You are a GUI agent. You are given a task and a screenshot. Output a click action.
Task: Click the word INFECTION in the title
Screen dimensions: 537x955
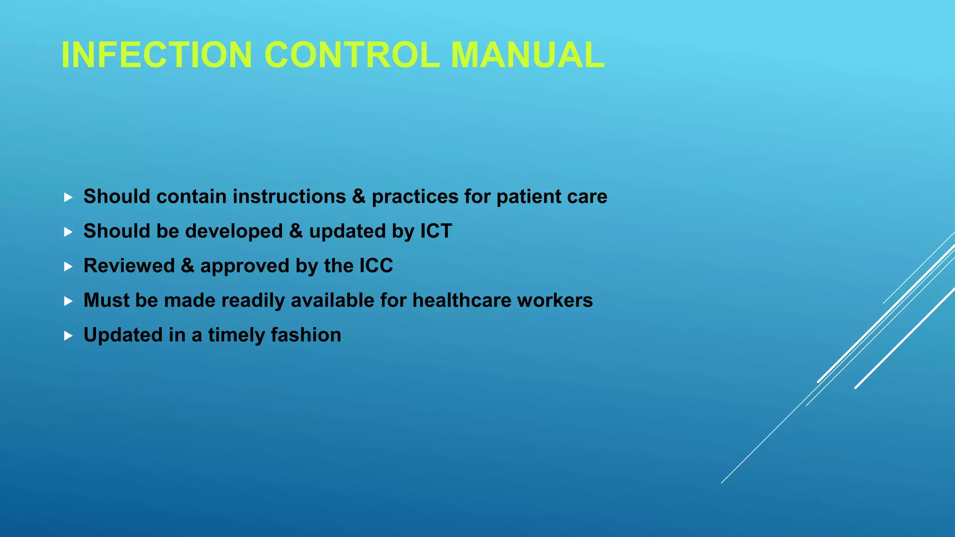pyautogui.click(x=157, y=55)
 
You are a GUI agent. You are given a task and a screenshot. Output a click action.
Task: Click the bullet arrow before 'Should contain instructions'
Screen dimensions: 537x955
pyautogui.click(x=68, y=197)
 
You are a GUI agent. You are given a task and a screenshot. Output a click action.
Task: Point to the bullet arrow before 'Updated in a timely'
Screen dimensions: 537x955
pyautogui.click(x=68, y=336)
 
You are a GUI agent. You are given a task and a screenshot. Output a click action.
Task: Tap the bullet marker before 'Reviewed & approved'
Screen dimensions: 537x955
pyautogui.click(x=68, y=267)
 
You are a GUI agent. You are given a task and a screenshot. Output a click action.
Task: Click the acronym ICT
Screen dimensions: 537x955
pyautogui.click(x=436, y=231)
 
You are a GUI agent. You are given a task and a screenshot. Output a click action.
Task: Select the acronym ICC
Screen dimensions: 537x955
pyautogui.click(x=376, y=266)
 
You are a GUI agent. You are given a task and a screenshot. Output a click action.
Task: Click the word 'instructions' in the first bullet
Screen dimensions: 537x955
pyautogui.click(x=289, y=197)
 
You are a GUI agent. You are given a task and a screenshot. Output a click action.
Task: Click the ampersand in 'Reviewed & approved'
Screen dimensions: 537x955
pyautogui.click(x=187, y=266)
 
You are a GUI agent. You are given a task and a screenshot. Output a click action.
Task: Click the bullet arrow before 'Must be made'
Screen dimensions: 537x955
pyautogui.click(x=68, y=301)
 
